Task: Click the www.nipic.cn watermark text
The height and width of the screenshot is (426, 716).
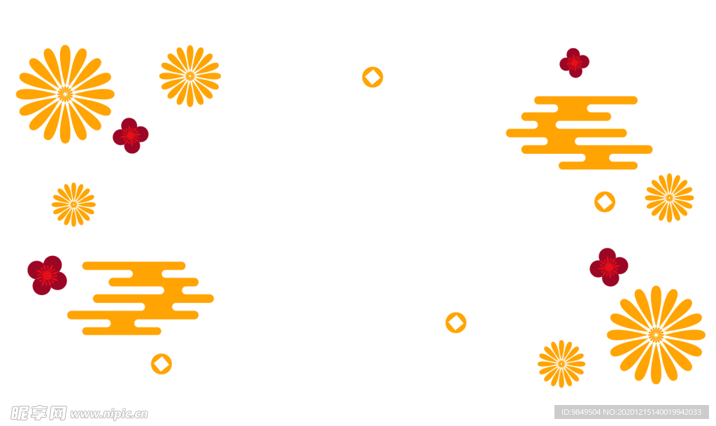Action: click(x=109, y=413)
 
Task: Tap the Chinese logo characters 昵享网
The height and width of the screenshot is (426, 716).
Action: click(x=38, y=413)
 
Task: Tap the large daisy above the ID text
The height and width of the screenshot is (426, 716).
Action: click(x=655, y=334)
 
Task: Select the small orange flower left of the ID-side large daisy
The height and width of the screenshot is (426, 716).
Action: click(x=561, y=364)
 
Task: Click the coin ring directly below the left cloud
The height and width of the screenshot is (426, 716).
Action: click(x=161, y=364)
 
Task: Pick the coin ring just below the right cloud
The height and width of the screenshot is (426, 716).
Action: click(x=604, y=201)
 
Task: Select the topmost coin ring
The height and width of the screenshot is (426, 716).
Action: click(x=373, y=77)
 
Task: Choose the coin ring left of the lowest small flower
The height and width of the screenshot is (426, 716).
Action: click(x=455, y=322)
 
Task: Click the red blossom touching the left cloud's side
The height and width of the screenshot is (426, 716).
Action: click(x=47, y=274)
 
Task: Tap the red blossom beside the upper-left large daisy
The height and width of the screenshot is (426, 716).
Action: click(x=131, y=135)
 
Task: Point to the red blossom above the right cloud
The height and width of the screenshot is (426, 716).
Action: click(x=574, y=63)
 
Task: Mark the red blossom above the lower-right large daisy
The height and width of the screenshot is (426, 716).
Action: click(x=608, y=267)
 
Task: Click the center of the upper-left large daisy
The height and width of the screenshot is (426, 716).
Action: click(x=65, y=94)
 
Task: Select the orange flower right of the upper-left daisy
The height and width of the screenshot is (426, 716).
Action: click(x=190, y=76)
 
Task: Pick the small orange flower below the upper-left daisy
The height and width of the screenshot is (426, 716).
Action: click(x=73, y=204)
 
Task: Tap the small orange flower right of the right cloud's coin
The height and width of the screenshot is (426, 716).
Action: click(x=669, y=198)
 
